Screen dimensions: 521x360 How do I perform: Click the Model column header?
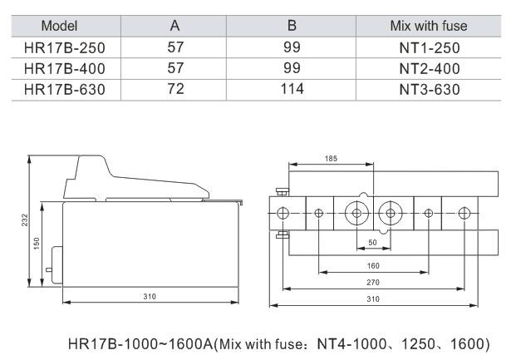point(59,26)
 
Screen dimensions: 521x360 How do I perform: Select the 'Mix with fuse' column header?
point(429,26)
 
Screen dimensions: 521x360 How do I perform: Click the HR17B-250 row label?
point(65,48)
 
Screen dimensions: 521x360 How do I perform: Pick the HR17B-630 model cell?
point(65,90)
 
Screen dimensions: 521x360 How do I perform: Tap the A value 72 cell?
point(175,89)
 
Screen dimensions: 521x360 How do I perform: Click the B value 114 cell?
point(292,89)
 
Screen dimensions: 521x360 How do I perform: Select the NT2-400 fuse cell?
point(430,69)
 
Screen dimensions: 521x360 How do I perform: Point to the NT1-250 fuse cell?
point(430,48)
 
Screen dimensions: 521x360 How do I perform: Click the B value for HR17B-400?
point(292,68)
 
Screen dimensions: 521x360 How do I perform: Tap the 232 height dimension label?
point(25,220)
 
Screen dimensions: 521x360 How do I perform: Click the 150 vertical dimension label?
point(37,244)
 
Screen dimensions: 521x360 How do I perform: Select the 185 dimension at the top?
point(331,159)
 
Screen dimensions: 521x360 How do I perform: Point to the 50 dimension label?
point(373,242)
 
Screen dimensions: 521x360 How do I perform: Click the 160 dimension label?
point(373,265)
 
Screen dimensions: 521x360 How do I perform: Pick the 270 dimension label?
point(373,282)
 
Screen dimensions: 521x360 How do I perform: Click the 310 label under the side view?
point(150,296)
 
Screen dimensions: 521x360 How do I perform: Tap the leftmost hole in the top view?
point(283,213)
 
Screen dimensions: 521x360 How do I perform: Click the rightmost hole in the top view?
point(464,213)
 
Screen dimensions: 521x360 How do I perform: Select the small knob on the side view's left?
point(49,269)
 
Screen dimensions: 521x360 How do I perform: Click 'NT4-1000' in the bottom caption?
point(351,343)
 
